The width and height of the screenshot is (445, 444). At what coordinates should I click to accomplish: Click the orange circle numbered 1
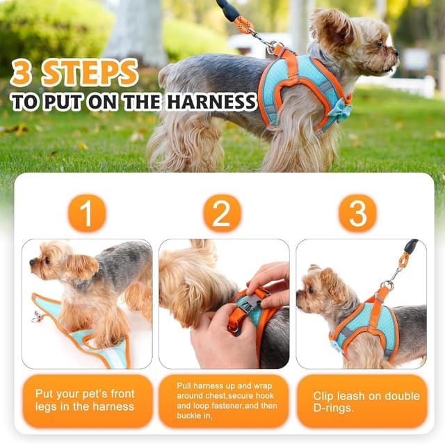pos(87,213)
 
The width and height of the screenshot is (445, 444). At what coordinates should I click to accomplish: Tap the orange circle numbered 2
pos(222,213)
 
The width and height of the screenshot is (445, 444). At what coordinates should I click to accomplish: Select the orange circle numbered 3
pos(357,213)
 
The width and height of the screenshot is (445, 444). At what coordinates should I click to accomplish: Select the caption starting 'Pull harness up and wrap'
pos(223,400)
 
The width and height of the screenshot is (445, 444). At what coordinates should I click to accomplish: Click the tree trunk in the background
pos(135,31)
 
